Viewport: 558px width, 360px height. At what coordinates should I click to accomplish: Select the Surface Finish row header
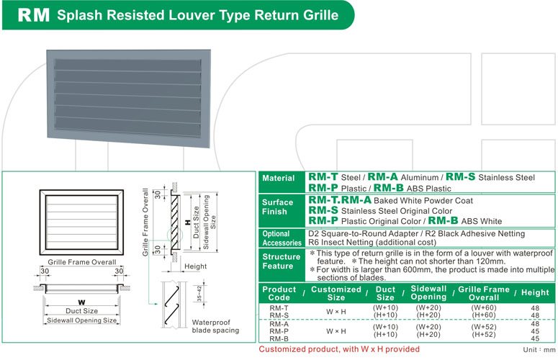coord(278,207)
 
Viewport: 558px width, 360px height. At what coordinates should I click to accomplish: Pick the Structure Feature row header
coord(281,261)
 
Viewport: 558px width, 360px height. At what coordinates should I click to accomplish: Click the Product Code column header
coord(279,293)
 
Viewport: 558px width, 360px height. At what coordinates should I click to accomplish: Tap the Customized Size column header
coord(336,293)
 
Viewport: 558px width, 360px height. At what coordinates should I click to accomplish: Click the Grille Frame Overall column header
coord(483,293)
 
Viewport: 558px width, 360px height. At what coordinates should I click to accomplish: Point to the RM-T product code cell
coord(279,307)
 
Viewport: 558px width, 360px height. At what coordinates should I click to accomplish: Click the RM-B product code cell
coord(279,339)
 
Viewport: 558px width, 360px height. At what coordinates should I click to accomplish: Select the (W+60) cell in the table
coord(483,307)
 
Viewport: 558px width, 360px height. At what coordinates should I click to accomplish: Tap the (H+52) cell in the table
coord(483,334)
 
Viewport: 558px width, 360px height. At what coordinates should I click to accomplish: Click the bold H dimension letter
coord(187,222)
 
